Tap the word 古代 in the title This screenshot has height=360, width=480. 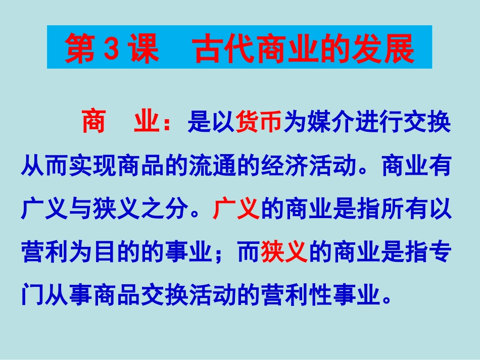[x=218, y=48]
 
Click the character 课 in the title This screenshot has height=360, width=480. [x=147, y=48]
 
